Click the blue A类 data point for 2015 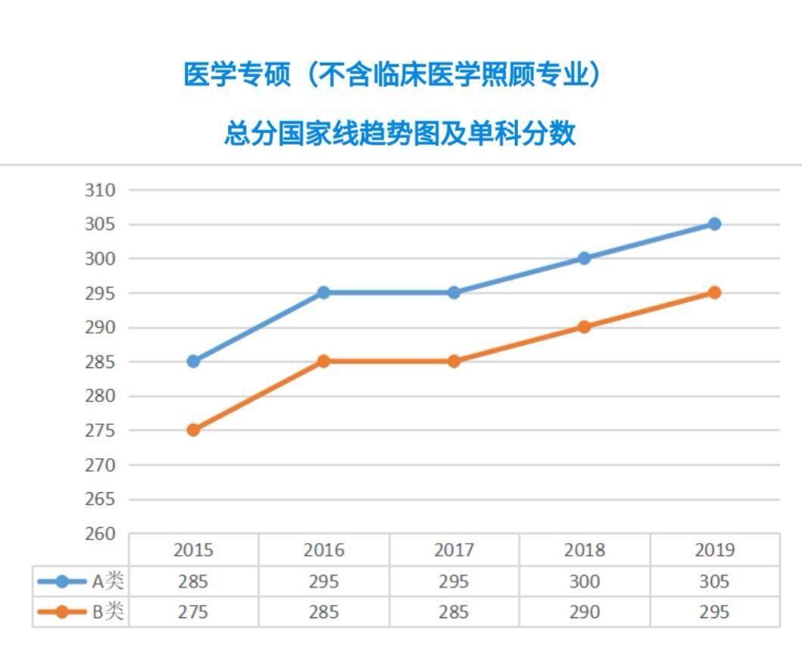click(x=193, y=361)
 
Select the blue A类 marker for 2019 click(x=714, y=224)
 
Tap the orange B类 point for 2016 click(x=323, y=361)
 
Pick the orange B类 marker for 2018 click(x=584, y=327)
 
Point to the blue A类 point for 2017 click(x=454, y=293)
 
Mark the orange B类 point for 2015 click(x=193, y=430)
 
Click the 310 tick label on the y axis click(x=100, y=190)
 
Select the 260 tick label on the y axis click(x=100, y=534)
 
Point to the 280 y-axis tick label click(x=100, y=396)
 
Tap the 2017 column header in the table click(x=454, y=550)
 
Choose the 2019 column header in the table click(x=714, y=550)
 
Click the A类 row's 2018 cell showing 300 click(x=584, y=582)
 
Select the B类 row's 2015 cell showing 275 click(x=193, y=612)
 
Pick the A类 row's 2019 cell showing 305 click(x=714, y=582)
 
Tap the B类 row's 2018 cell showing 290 click(x=584, y=612)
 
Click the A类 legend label click(x=107, y=582)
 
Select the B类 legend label click(x=107, y=612)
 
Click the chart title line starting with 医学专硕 click(x=392, y=75)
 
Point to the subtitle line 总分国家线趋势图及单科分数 click(x=400, y=133)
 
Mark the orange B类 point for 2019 click(x=714, y=293)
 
